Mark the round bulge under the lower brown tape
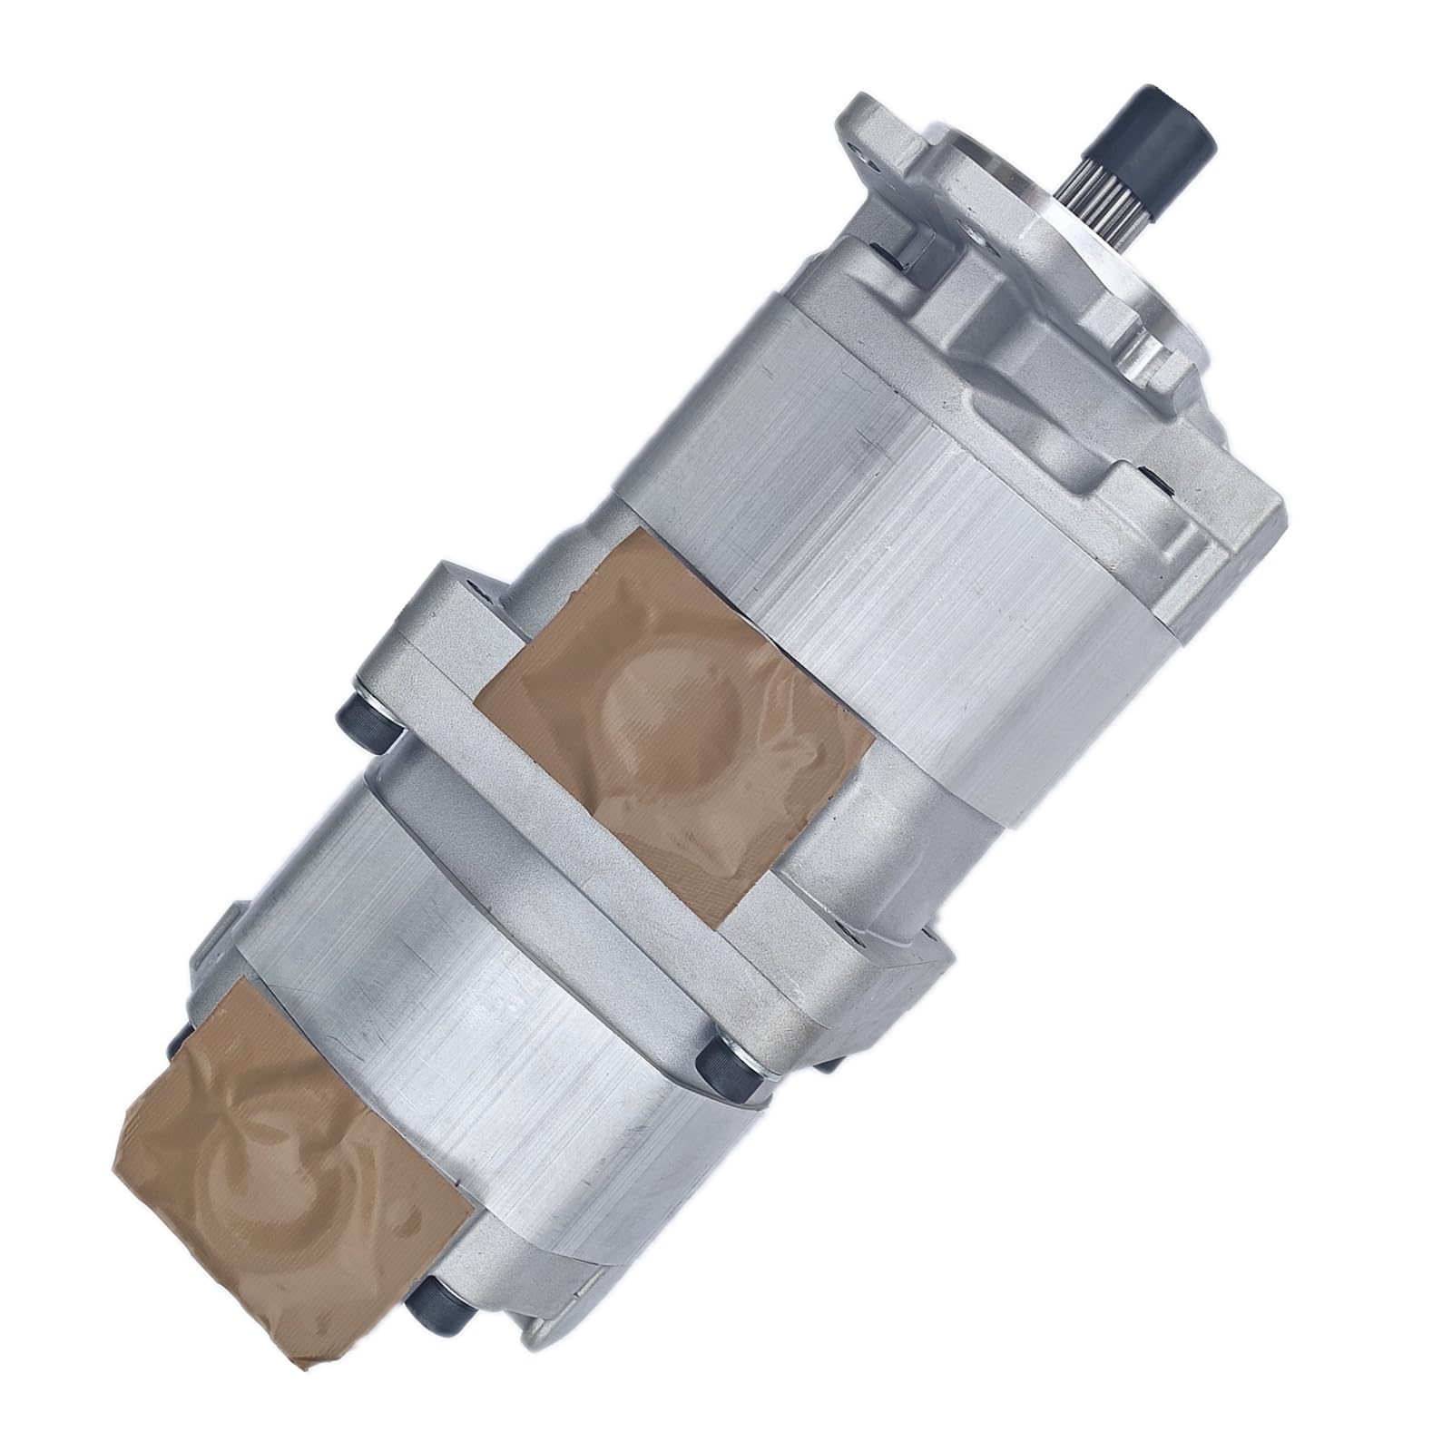tap(272, 1180)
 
